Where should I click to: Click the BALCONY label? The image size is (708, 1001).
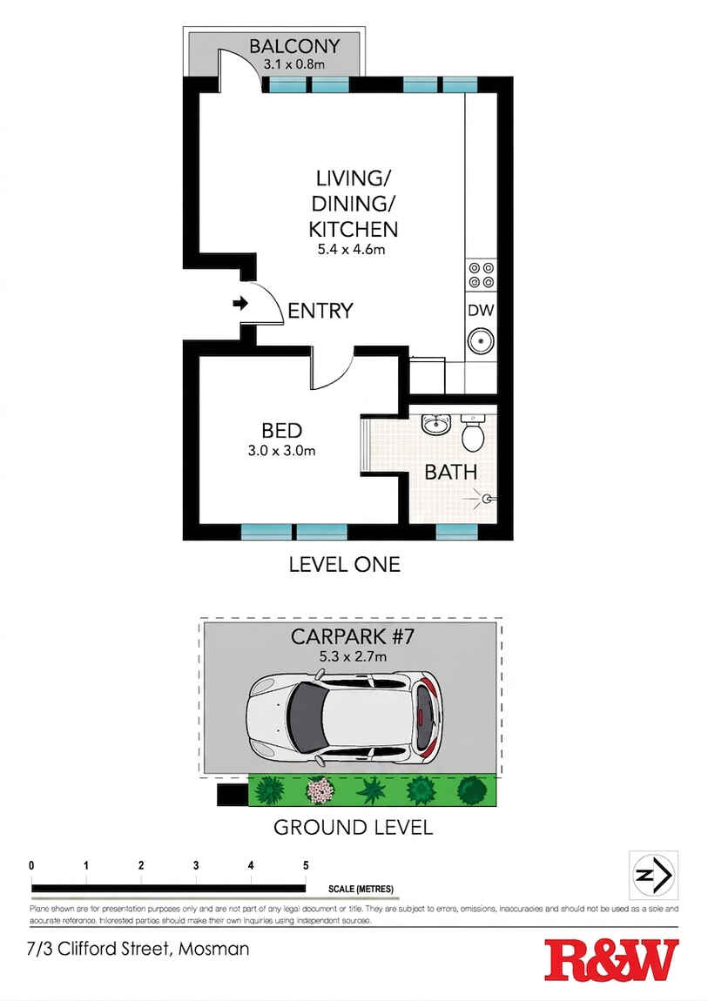pyautogui.click(x=294, y=46)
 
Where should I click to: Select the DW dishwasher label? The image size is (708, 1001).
pyautogui.click(x=481, y=310)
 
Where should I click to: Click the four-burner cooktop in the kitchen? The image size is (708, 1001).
pyautogui.click(x=481, y=275)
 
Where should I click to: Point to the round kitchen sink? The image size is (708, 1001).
pyautogui.click(x=481, y=340)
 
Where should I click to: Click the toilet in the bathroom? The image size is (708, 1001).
pyautogui.click(x=472, y=433)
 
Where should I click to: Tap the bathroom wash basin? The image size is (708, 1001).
pyautogui.click(x=435, y=425)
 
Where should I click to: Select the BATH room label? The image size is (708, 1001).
pyautogui.click(x=450, y=473)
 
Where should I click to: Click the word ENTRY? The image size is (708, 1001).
pyautogui.click(x=320, y=311)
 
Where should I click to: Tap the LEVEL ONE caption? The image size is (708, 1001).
pyautogui.click(x=344, y=564)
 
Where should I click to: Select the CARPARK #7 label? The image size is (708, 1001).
pyautogui.click(x=352, y=636)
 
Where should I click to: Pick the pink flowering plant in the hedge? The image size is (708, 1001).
pyautogui.click(x=321, y=790)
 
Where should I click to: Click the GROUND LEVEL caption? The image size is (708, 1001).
pyautogui.click(x=353, y=827)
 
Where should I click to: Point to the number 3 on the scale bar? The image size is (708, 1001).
pyautogui.click(x=196, y=866)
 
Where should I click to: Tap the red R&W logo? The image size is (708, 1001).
pyautogui.click(x=610, y=961)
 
